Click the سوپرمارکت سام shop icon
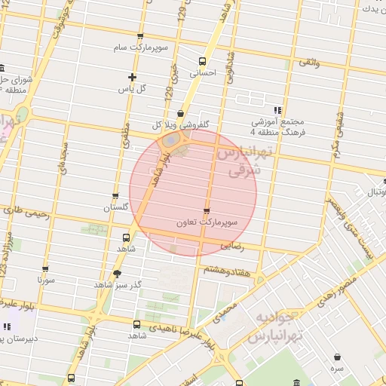(x=140, y=36)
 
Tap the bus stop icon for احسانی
(x=201, y=61)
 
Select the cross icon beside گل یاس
(x=133, y=77)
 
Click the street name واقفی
(x=309, y=63)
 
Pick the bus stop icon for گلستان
(x=115, y=196)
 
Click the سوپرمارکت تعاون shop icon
(x=207, y=211)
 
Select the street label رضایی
(x=232, y=246)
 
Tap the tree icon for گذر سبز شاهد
(x=117, y=274)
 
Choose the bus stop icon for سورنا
(x=45, y=268)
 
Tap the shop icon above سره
(x=336, y=357)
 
